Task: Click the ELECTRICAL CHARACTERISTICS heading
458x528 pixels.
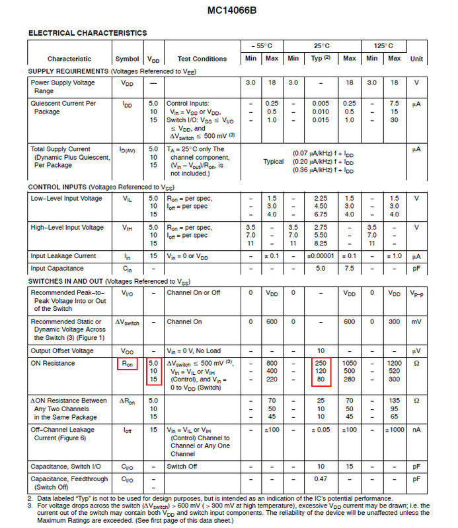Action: pyautogui.click(x=87, y=33)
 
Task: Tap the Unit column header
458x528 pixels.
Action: pyautogui.click(x=416, y=59)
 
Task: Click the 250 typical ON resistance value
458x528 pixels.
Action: pyautogui.click(x=321, y=364)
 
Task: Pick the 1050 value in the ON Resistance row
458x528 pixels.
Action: pyautogui.click(x=349, y=364)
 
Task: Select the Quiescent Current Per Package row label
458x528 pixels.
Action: pyautogui.click(x=63, y=108)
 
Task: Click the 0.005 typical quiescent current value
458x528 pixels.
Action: pyautogui.click(x=321, y=104)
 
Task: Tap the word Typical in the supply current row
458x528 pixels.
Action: pyautogui.click(x=273, y=162)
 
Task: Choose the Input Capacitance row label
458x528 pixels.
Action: pyautogui.click(x=57, y=269)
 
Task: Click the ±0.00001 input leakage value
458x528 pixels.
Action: pyautogui.click(x=321, y=256)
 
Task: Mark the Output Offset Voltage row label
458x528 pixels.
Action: pyautogui.click(x=63, y=350)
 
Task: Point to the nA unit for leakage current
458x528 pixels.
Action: pyautogui.click(x=416, y=430)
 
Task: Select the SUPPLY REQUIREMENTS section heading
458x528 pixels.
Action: pyautogui.click(x=68, y=71)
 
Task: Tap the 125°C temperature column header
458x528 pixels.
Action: pyautogui.click(x=383, y=46)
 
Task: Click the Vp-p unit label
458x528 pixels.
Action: pyautogui.click(x=416, y=292)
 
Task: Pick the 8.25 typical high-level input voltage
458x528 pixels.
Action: pyautogui.click(x=321, y=244)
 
